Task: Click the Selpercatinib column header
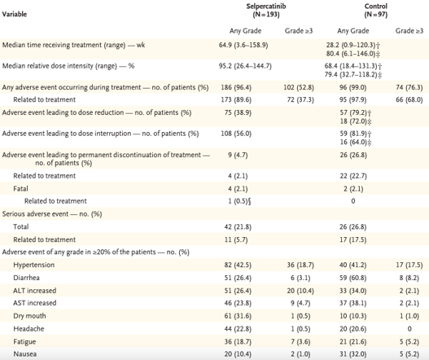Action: [x=266, y=10]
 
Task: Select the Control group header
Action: [x=375, y=10]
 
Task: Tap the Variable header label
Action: [x=15, y=14]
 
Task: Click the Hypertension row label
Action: [x=34, y=265]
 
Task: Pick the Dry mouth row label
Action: [x=29, y=316]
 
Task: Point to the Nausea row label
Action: [x=25, y=354]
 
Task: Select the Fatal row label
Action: [x=20, y=189]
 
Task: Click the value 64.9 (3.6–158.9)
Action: [x=243, y=45]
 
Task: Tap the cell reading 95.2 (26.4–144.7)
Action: [x=245, y=66]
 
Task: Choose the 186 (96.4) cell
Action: [x=236, y=87]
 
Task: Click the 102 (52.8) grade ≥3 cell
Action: [x=299, y=87]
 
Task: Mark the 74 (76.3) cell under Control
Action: [x=409, y=87]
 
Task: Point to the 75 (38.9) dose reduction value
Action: [x=238, y=112]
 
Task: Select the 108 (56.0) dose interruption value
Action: [x=236, y=134]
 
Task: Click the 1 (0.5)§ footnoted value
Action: [x=239, y=201]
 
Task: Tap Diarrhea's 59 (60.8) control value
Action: [x=353, y=278]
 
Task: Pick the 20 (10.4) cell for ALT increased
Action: [x=300, y=291]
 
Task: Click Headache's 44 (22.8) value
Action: [x=238, y=328]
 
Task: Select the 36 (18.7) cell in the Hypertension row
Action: [x=300, y=265]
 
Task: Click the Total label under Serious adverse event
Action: [x=21, y=226]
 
